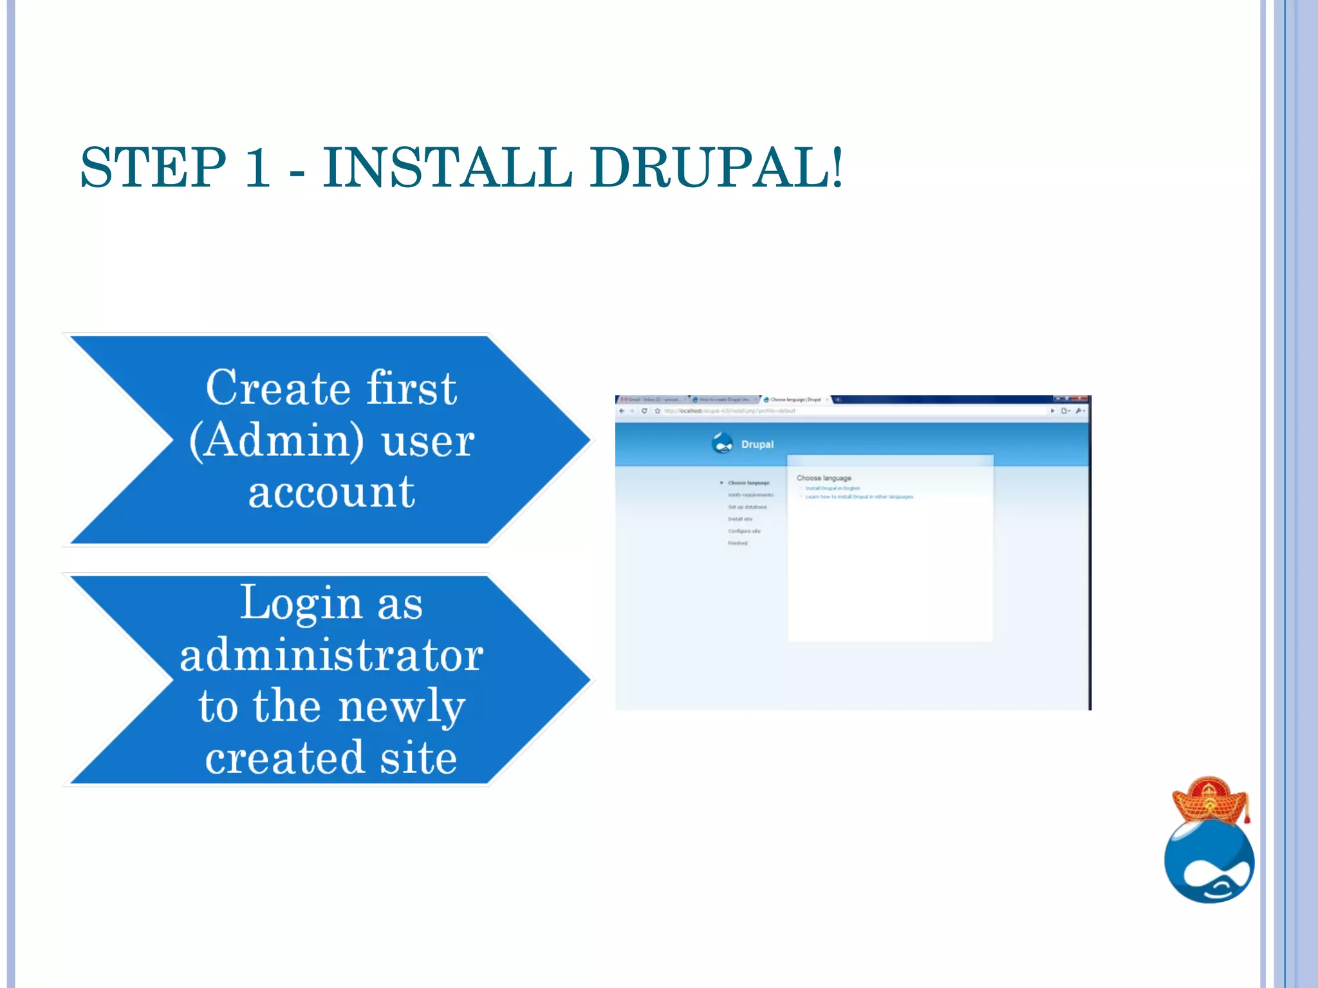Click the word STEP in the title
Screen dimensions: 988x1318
tap(153, 168)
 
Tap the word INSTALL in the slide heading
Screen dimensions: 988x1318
tap(447, 168)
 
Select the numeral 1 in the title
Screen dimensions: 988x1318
tap(257, 168)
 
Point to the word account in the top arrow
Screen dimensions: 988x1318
tap(331, 493)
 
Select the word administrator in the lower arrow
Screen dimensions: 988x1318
tap(331, 655)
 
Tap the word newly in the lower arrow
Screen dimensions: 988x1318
tap(402, 707)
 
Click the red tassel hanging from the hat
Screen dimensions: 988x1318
tap(1247, 812)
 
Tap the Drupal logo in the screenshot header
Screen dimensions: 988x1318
tap(723, 443)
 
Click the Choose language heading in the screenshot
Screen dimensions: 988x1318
tap(824, 478)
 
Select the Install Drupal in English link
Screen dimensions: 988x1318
tap(832, 488)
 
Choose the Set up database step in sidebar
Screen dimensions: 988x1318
tap(747, 507)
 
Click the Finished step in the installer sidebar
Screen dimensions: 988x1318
tap(738, 543)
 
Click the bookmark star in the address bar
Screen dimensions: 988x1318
tap(657, 411)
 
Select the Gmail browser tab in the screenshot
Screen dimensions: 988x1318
tap(650, 399)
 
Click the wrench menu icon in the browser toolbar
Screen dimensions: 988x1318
tap(1079, 411)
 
